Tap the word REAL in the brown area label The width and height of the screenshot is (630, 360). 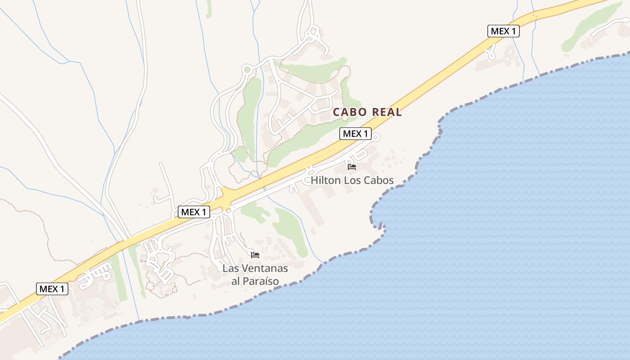(385, 112)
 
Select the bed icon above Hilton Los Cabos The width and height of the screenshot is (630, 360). (351, 166)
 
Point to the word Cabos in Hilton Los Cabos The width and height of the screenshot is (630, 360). (378, 180)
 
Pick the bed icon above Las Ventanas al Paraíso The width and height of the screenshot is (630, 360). (255, 255)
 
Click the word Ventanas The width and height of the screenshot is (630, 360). (263, 268)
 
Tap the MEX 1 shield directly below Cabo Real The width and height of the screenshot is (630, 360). (355, 134)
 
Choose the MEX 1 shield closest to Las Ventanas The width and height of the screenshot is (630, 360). (194, 212)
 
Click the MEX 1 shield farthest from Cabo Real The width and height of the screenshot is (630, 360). (52, 289)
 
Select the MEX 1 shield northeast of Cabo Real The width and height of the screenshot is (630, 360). (504, 31)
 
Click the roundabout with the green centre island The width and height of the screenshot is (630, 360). (247, 70)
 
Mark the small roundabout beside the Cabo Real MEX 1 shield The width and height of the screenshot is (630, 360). (376, 137)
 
